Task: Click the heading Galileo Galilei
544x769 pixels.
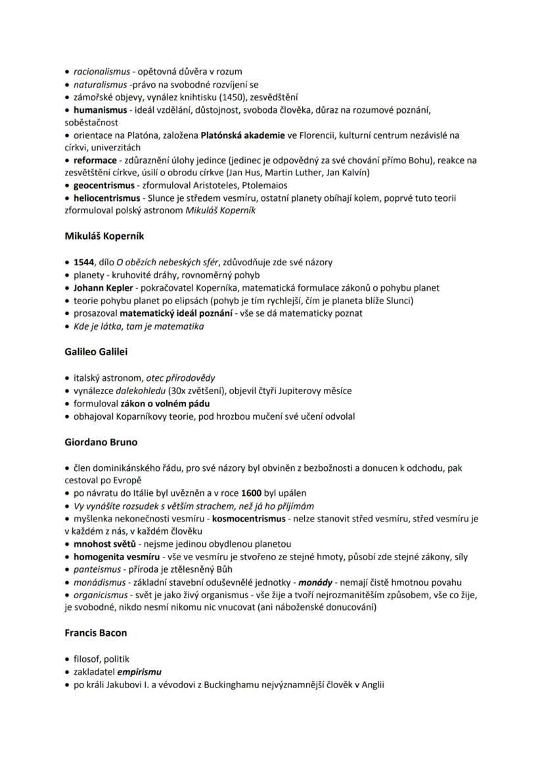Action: tap(96, 351)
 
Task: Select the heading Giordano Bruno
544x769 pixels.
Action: tap(101, 442)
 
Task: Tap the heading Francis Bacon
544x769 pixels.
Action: tap(96, 633)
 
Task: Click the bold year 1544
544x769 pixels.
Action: tap(84, 262)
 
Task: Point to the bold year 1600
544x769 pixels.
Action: tap(252, 493)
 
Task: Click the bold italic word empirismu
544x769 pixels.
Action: tap(139, 672)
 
